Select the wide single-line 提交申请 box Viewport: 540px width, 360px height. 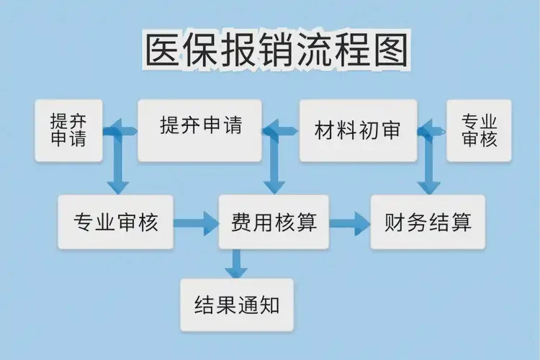coord(199,130)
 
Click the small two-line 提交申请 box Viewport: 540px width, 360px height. coord(68,130)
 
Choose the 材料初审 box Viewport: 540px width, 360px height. coord(358,130)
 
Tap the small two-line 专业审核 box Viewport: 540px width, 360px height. coord(479,130)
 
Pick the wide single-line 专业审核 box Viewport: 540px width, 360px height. coord(115,222)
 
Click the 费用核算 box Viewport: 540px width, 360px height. coord(274,222)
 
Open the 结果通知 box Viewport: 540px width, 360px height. coord(237,305)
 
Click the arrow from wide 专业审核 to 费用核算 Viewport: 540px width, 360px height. coord(196,222)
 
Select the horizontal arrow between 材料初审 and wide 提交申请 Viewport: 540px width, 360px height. coord(281,130)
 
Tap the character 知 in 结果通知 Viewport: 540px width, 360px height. coord(268,305)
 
